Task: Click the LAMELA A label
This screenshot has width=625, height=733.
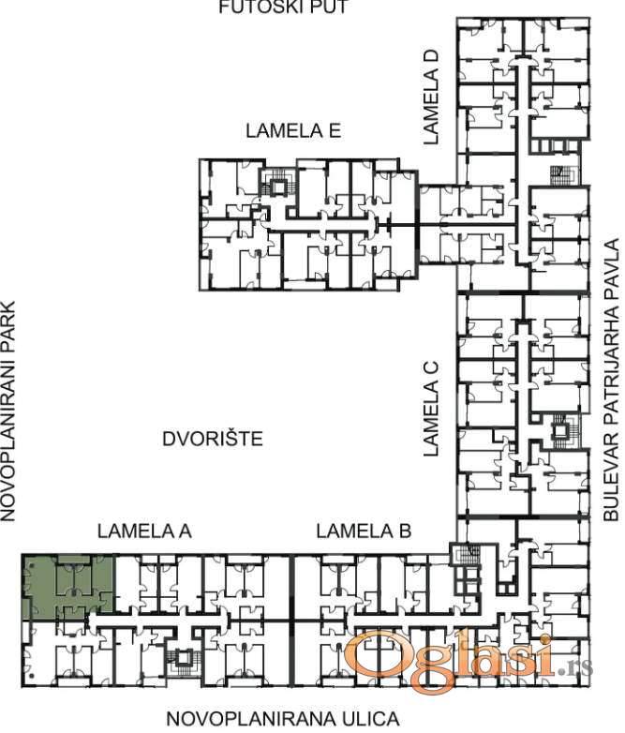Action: tap(144, 531)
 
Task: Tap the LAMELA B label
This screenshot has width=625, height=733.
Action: tap(364, 531)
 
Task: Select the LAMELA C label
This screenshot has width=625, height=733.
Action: tap(430, 408)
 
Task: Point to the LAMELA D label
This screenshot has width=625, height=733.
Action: tap(430, 97)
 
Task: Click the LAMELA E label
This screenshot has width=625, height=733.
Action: tap(293, 130)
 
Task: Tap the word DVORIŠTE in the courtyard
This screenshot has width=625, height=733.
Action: tap(213, 439)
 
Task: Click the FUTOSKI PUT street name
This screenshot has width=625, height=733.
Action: tap(284, 7)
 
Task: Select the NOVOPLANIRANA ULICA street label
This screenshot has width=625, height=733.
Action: tap(283, 719)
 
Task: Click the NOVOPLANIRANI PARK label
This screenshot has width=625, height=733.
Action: tap(7, 411)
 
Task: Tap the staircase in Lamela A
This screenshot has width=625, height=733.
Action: tap(183, 658)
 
